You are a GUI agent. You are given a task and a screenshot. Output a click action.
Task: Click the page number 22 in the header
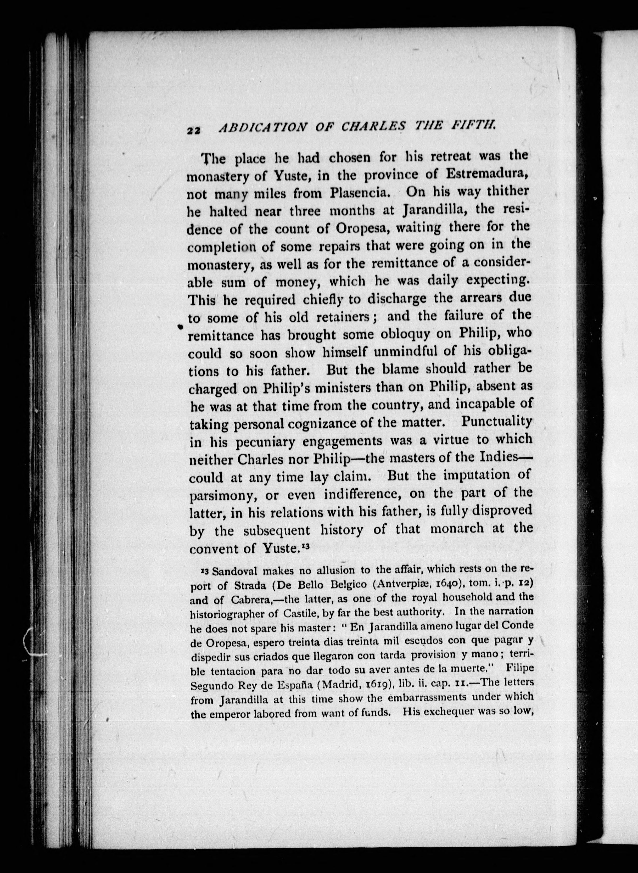(193, 131)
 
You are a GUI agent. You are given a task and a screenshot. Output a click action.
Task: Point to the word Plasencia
(355, 193)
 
